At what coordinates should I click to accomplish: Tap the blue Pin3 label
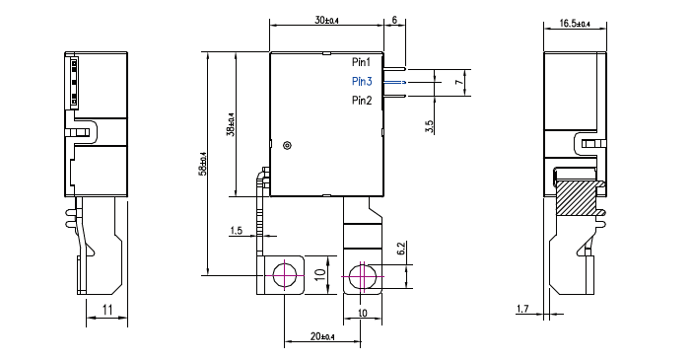362,81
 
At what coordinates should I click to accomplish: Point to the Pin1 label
362,62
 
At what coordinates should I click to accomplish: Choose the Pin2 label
362,101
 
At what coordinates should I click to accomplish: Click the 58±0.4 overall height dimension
202,163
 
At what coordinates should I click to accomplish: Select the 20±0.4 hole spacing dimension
322,337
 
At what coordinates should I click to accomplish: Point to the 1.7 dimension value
521,310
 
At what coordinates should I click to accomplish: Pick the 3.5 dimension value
431,126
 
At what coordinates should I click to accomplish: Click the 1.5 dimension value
236,231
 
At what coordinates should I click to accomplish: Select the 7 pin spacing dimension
458,85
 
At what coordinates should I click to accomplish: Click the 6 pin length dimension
394,20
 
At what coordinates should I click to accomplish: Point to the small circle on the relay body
287,145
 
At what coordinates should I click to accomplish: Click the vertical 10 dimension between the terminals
318,275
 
